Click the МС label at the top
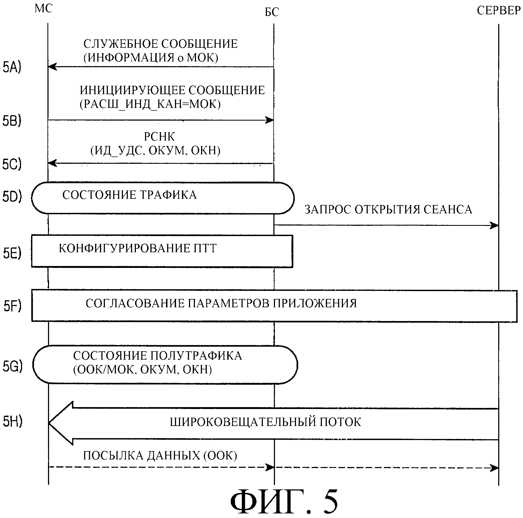coord(43,9)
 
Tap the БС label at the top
coord(271,12)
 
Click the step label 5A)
coord(12,67)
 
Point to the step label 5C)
coord(12,164)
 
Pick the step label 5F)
coord(12,306)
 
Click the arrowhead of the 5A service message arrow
coord(52,67)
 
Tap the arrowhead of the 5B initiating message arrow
coord(270,120)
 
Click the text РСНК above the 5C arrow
coord(159,137)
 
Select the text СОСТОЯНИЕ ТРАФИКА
coord(129,195)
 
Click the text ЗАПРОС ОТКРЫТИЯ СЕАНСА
coord(388,210)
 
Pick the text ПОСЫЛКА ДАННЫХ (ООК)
coord(160,456)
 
